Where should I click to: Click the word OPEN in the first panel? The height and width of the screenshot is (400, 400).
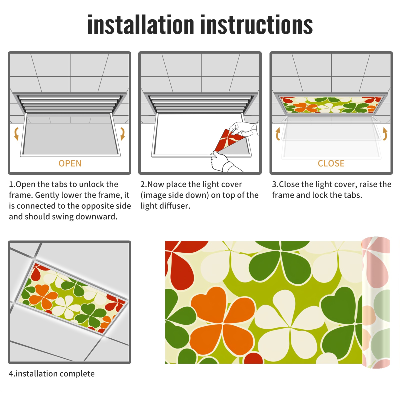[x=70, y=163]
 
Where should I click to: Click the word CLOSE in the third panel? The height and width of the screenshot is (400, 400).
[x=331, y=163]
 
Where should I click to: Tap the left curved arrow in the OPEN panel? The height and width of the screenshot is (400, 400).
[x=16, y=134]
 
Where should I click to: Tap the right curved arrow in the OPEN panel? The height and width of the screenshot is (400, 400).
[x=122, y=134]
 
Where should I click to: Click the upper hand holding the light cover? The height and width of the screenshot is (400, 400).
[x=244, y=129]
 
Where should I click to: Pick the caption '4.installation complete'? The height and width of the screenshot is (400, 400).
[x=52, y=373]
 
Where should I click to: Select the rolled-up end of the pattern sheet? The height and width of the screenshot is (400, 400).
[x=376, y=302]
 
